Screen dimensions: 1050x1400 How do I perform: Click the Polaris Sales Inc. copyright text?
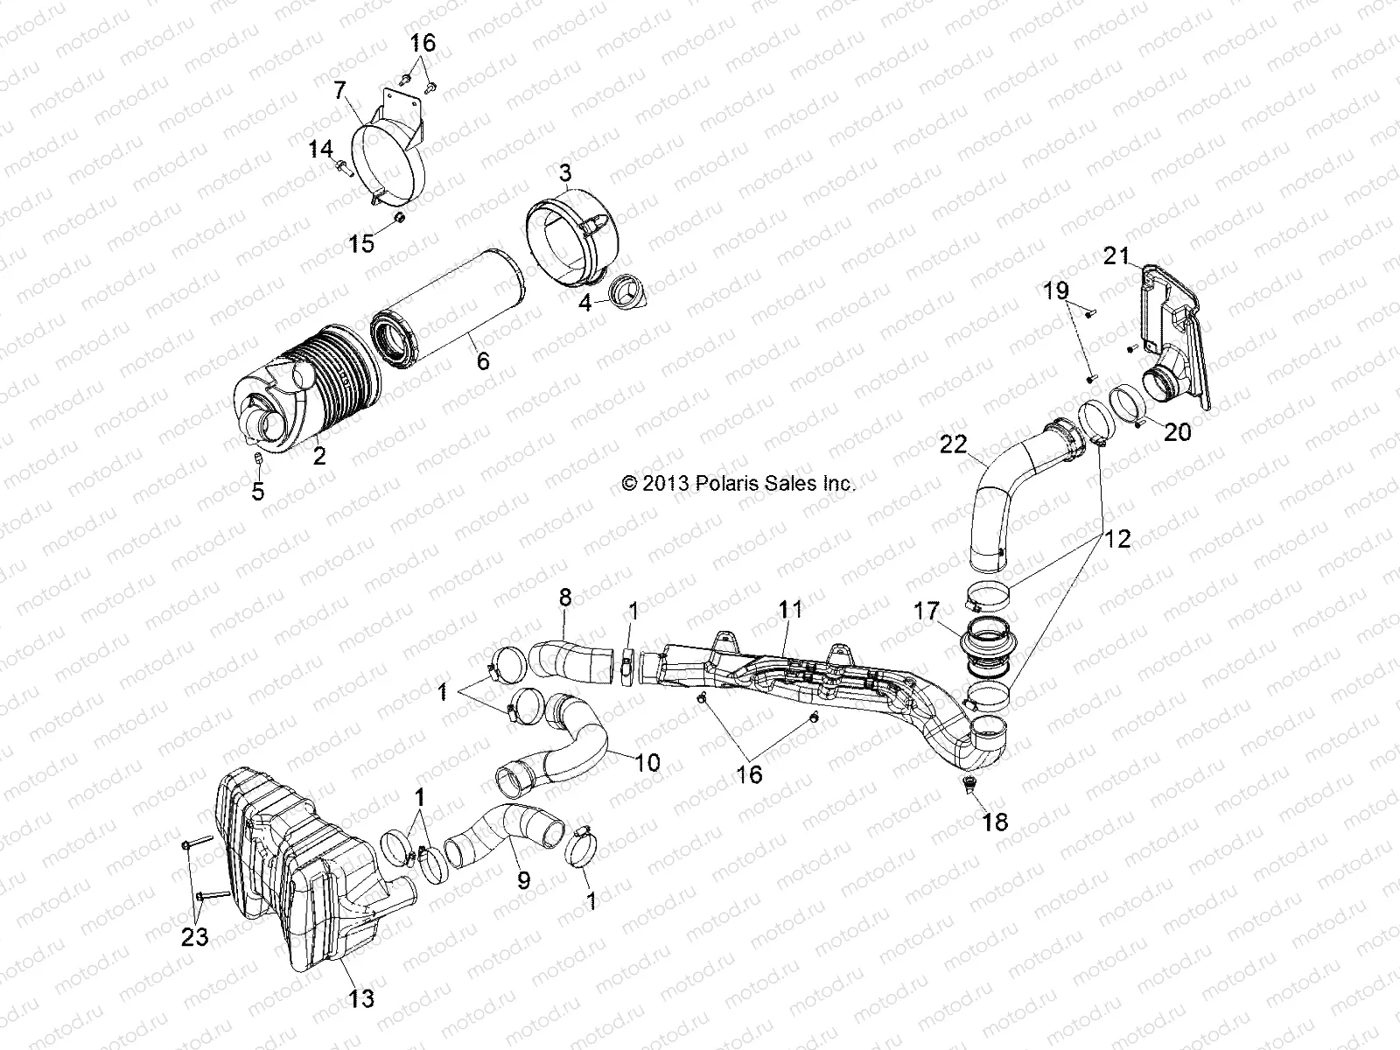point(738,483)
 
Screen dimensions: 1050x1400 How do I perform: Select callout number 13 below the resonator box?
point(361,998)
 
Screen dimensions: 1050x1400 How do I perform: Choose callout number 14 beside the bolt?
point(320,151)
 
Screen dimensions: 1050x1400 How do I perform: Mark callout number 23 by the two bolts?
point(194,938)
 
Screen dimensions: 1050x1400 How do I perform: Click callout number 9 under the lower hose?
point(523,879)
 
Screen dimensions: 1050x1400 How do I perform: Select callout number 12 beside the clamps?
point(1116,539)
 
